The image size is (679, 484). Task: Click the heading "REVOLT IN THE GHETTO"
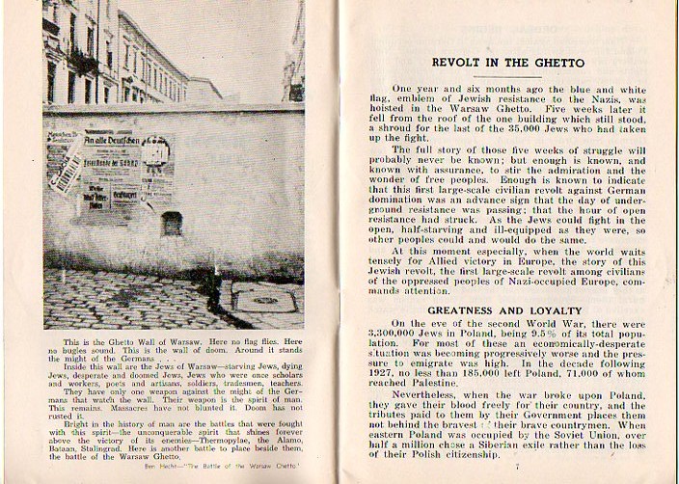click(507, 63)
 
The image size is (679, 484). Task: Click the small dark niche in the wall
click(172, 223)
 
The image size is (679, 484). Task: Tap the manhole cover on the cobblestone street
click(257, 301)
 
